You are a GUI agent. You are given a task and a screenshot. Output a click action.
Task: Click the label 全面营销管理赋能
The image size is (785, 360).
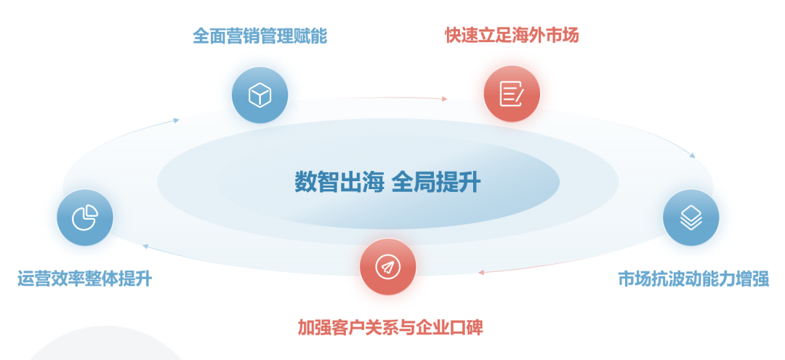(259, 36)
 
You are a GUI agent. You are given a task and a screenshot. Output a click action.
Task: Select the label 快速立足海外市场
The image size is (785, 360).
(512, 35)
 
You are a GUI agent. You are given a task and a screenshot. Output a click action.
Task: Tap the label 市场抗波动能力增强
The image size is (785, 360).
(693, 279)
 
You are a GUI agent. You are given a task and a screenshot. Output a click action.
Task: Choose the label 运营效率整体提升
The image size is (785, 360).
(84, 279)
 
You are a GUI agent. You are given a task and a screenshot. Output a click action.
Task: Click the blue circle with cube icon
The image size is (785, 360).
(259, 95)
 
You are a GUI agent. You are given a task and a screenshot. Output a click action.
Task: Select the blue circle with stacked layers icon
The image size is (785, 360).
(691, 217)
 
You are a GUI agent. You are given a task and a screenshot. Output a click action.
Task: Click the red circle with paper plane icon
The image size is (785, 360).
(388, 266)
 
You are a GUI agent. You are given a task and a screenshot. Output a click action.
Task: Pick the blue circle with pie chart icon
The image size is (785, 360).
(85, 217)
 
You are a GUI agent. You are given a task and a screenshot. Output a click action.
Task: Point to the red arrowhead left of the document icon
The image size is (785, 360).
(445, 99)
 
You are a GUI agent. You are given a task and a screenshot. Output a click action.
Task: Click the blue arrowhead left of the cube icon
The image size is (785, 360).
(176, 120)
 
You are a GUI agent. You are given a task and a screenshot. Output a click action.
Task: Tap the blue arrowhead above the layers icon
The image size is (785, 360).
(693, 156)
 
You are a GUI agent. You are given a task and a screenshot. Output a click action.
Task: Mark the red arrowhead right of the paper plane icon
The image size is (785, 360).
(480, 273)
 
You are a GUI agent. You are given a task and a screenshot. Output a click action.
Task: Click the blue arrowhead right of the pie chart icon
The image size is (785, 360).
(145, 246)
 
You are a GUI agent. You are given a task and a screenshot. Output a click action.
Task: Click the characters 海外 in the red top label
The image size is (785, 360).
(528, 35)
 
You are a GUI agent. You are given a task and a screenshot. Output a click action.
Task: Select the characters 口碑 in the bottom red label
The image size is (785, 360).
(467, 327)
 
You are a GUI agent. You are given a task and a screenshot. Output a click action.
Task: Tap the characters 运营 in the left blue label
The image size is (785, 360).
(34, 279)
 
